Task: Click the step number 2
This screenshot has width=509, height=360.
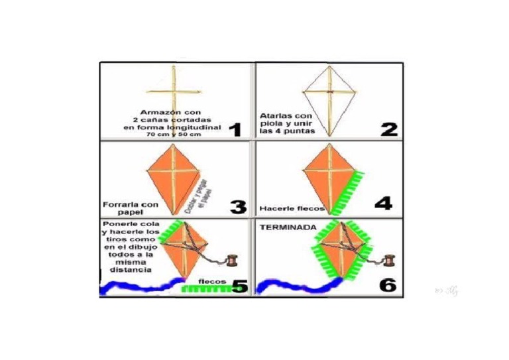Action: [388, 128]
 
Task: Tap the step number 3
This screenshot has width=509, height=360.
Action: [237, 206]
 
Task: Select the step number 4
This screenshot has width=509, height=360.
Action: [383, 202]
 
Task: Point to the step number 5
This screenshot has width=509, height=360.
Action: [239, 286]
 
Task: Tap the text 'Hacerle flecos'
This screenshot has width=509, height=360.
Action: [291, 208]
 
